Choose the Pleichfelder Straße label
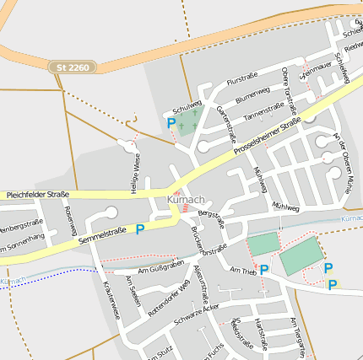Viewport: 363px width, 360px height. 37,195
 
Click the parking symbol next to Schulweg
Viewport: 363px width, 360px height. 171,123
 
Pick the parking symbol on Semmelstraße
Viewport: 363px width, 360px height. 140,228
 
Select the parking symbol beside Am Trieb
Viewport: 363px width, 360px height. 264,270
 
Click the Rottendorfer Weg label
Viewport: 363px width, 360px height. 169,290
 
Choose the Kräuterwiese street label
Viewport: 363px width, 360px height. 111,300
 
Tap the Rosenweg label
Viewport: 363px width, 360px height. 69,222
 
